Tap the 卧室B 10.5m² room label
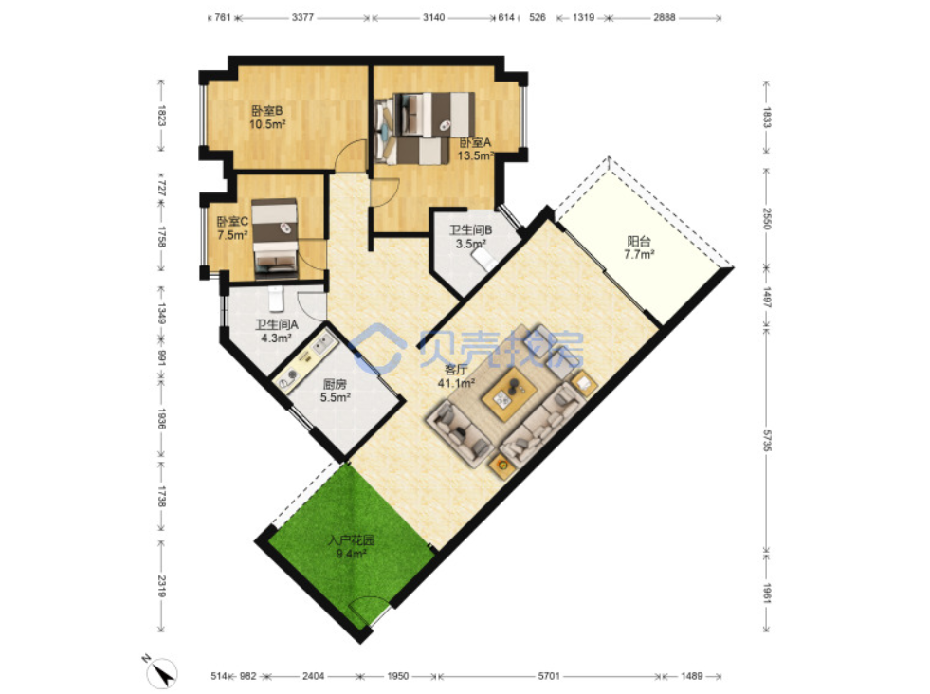[267, 118]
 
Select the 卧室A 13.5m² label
[476, 150]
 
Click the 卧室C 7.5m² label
[232, 228]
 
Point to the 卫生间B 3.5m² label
[470, 237]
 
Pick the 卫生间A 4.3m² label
[277, 332]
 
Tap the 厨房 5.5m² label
[335, 391]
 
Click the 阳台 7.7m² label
[639, 248]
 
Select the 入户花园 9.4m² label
[351, 547]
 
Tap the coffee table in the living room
[510, 393]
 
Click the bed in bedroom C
[274, 239]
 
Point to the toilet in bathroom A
[276, 300]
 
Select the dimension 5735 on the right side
[767, 441]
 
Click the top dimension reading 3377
[302, 17]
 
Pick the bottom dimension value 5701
[549, 676]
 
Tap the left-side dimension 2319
[162, 586]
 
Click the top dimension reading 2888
[665, 17]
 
